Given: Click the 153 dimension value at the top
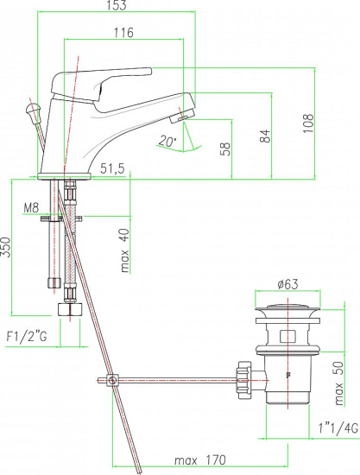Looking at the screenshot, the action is pos(117,5).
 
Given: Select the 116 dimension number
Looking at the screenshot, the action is pos(123,32).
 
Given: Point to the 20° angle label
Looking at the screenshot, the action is pos(167,141).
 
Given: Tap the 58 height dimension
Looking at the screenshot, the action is pos(226,149).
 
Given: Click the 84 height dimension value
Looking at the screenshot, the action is pos(265,136).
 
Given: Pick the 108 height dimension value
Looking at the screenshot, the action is pos(308,123).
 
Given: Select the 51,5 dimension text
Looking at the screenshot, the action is pos(112,168).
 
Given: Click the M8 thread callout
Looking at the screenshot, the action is pos(31,208).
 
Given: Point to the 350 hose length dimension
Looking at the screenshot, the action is pos(6,247).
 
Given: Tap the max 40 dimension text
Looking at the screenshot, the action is pos(124,250).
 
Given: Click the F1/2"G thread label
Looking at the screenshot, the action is pos(27,336).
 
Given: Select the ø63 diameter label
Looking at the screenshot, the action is pos(288,284).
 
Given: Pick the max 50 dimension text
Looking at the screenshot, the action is pos(339,383).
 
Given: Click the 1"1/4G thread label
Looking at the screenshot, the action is pos(338,428).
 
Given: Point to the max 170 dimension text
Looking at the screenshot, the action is pos(200,460).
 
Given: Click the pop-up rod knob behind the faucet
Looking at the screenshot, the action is pos(33,109).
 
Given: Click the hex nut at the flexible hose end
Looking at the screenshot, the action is pos(70,309).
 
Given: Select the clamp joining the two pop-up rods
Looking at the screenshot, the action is pos(112,380).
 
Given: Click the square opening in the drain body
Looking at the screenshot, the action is pos(287,336).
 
